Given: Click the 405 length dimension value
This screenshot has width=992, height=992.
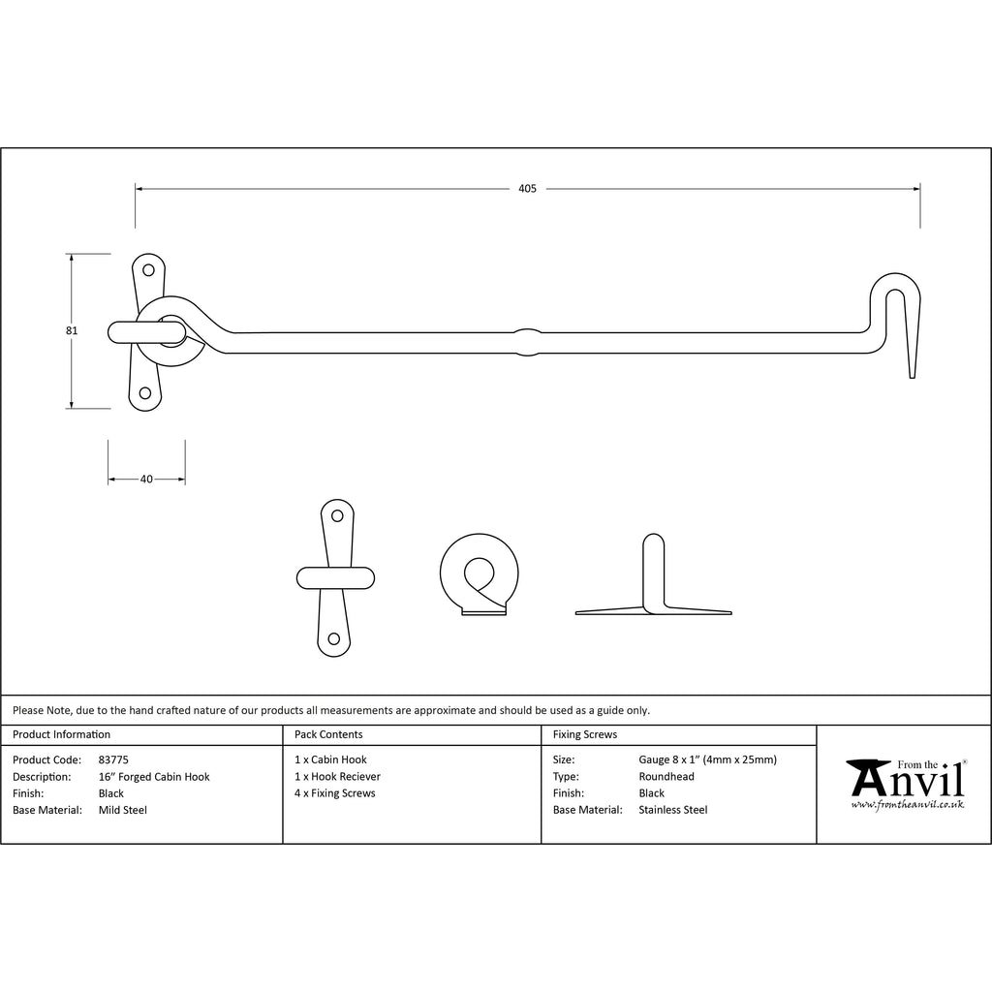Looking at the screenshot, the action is [527, 189].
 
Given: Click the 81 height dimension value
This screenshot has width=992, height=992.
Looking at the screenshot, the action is [72, 330].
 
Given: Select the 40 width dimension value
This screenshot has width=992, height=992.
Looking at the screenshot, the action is [146, 479].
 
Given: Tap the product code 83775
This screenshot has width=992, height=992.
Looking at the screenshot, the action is [113, 759].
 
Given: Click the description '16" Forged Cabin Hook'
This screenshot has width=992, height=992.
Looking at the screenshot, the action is [154, 777].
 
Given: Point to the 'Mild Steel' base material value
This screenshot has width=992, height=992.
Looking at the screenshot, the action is [123, 811].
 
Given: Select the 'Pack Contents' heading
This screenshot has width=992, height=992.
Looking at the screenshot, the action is [328, 734].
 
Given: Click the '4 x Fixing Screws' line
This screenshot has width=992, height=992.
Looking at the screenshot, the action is [334, 793].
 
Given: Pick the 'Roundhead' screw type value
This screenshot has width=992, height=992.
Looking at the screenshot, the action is [666, 776].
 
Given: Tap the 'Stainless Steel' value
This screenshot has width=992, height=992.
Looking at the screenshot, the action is [673, 810].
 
